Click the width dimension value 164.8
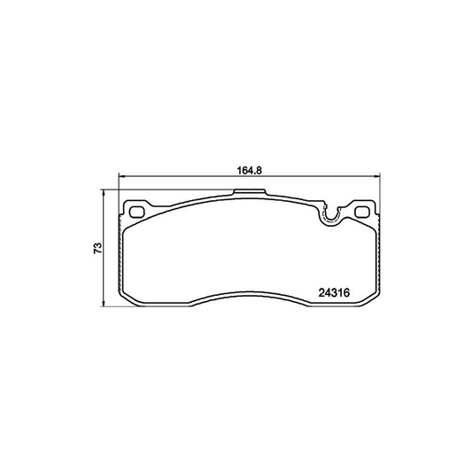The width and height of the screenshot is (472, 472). click(250, 170)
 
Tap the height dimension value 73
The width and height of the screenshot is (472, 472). click(98, 248)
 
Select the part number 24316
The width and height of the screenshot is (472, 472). click(334, 292)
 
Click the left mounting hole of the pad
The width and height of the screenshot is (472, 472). click(136, 212)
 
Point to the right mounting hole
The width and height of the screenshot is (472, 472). click(362, 212)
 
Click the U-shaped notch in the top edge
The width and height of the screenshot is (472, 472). click(331, 219)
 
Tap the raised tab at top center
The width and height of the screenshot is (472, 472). click(250, 192)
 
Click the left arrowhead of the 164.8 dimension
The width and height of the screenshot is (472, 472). click(121, 176)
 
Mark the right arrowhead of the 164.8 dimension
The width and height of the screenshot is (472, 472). click(377, 176)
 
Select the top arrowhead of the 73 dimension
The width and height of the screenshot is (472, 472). click(104, 193)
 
